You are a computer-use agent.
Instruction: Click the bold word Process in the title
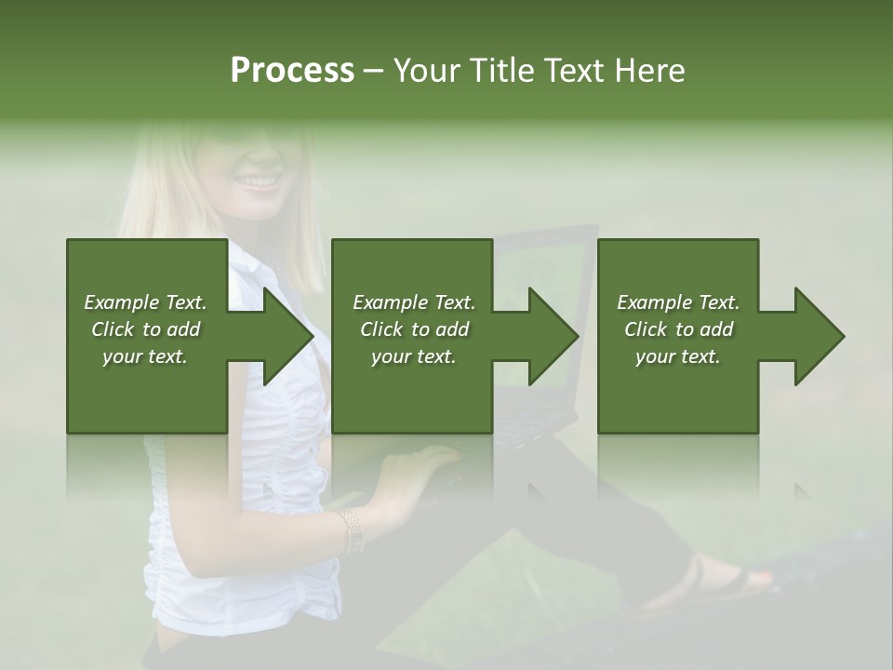tap(292, 71)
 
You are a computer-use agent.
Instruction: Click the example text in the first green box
tap(145, 329)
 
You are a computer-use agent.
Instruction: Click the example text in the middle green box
tap(414, 329)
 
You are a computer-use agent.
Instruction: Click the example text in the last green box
tap(678, 329)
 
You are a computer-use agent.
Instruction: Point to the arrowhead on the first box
tap(288, 336)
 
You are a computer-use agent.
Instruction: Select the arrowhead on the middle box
tap(553, 336)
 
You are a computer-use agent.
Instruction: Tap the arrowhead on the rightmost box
tap(820, 336)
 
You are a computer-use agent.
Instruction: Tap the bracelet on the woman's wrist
tap(351, 530)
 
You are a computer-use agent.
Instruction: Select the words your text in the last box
tap(678, 356)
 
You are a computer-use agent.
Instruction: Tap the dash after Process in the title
tap(374, 71)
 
